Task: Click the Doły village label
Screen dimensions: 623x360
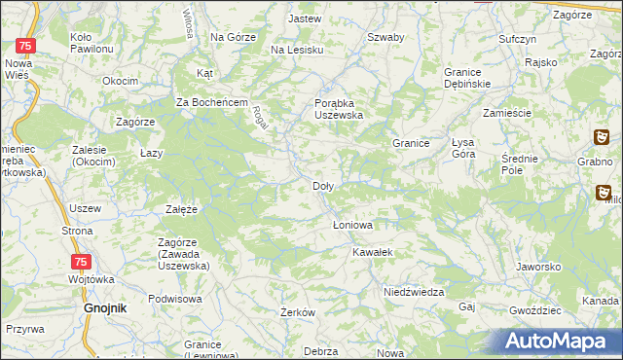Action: tap(324, 186)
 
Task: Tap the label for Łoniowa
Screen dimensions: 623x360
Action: tap(352, 225)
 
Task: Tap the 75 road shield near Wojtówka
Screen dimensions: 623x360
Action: tap(82, 262)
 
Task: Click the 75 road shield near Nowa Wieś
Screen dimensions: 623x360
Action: tap(28, 46)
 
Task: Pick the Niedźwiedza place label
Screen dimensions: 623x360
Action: tap(414, 292)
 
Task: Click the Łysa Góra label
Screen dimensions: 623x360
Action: tap(472, 148)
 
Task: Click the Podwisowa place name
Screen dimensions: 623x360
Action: tap(175, 299)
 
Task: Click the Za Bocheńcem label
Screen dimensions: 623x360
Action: tap(213, 102)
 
